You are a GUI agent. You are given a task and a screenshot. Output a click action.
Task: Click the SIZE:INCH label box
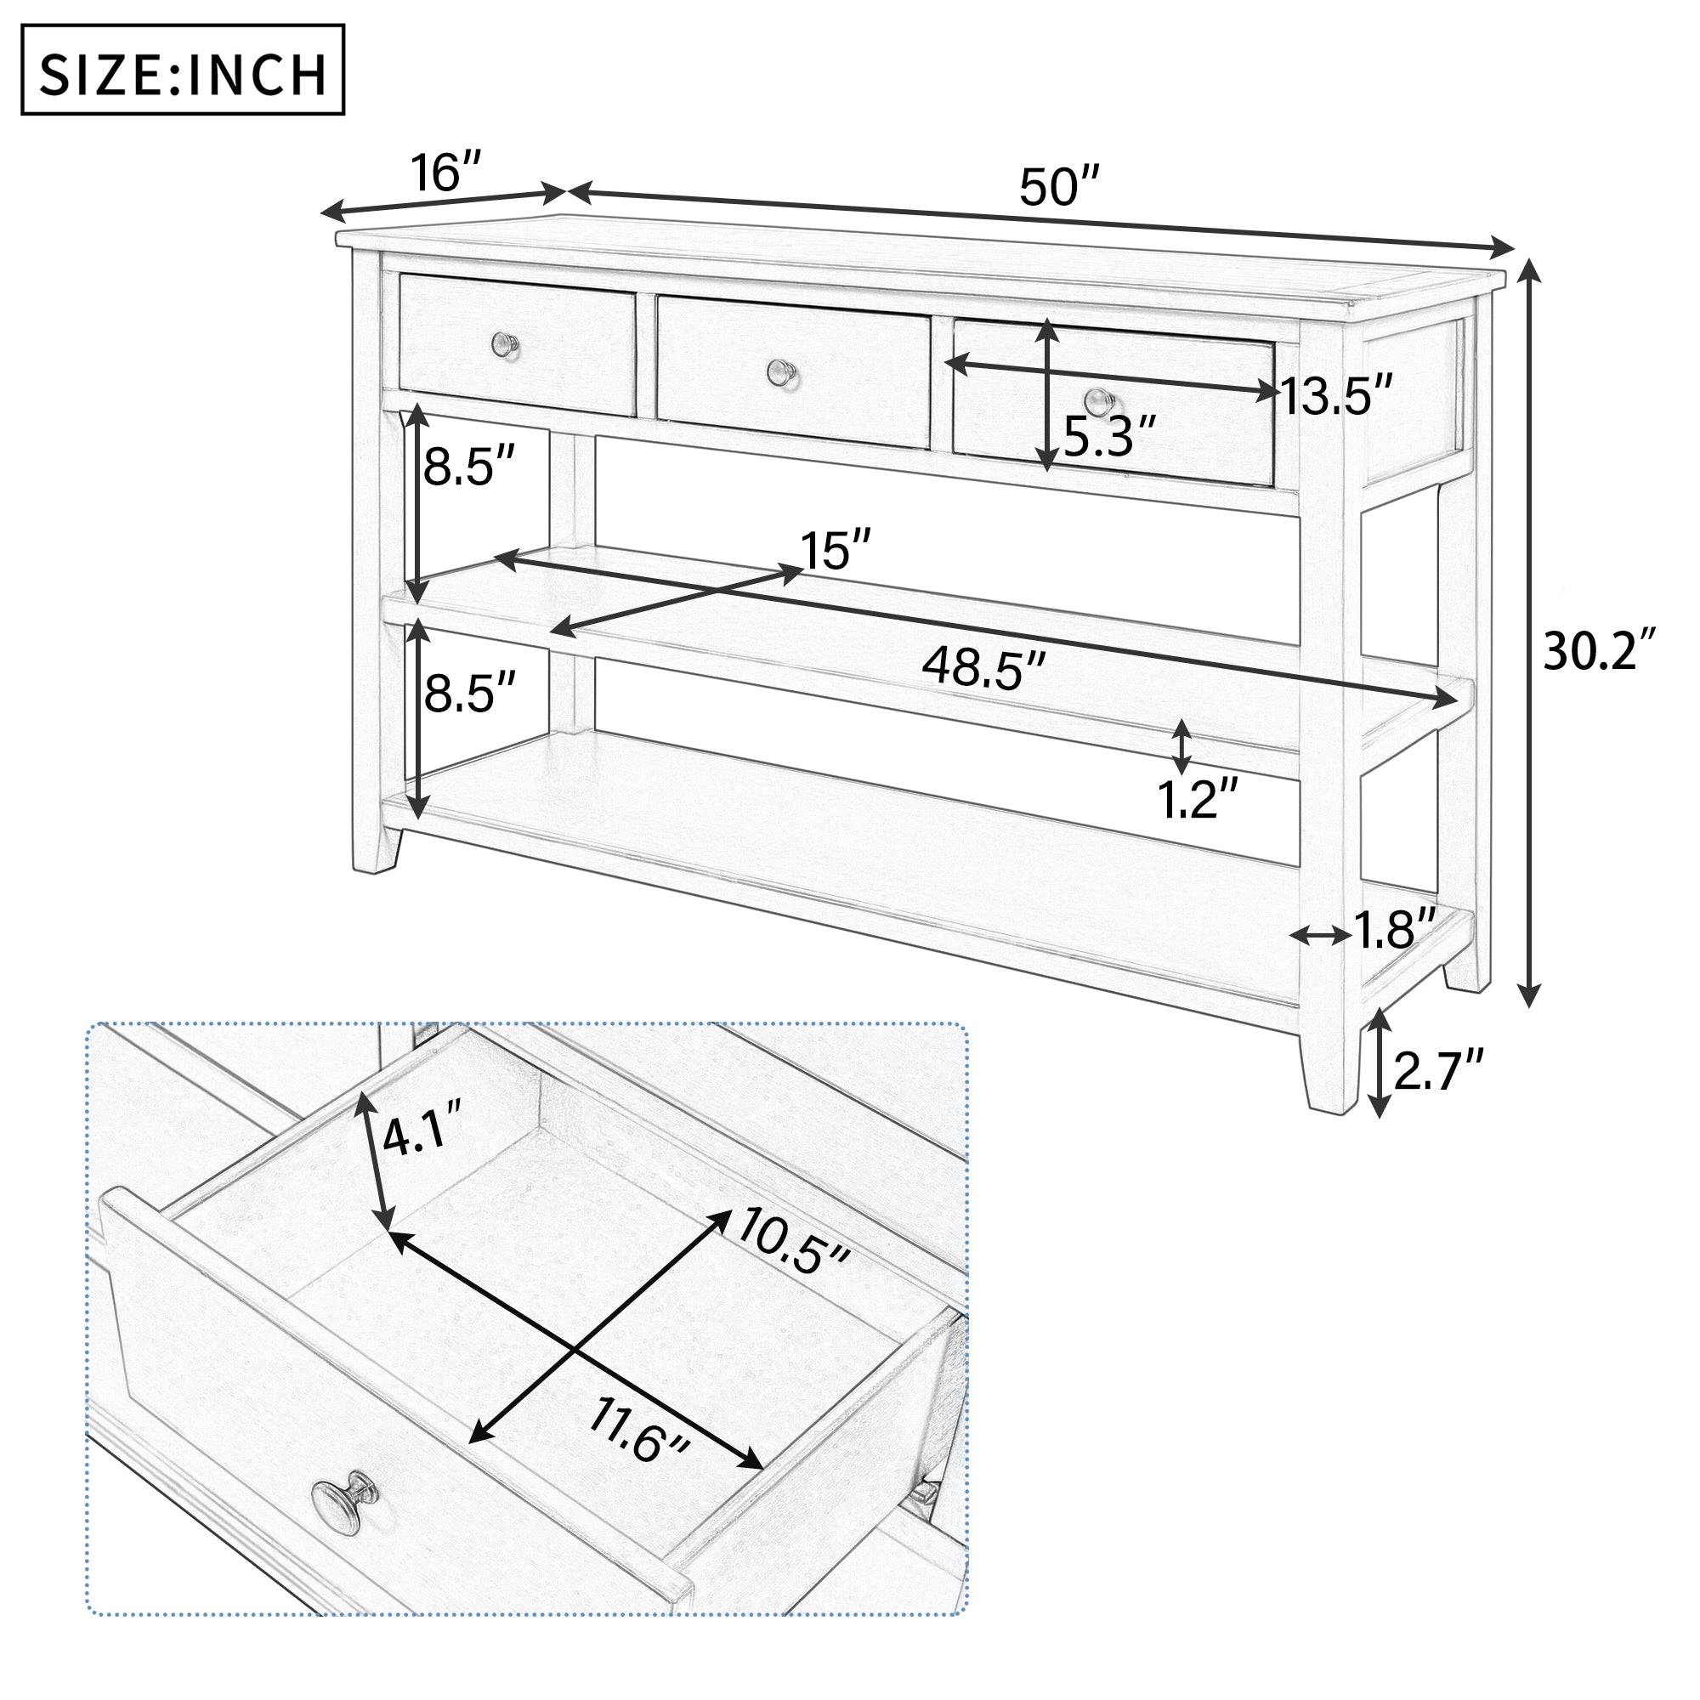click(x=182, y=71)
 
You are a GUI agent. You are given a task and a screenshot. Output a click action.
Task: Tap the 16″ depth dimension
click(x=447, y=172)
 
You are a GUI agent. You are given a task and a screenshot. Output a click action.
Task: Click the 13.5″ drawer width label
click(x=1336, y=395)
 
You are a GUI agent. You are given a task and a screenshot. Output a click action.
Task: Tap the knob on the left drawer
click(x=505, y=345)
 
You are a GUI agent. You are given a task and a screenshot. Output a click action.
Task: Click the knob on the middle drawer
click(x=780, y=373)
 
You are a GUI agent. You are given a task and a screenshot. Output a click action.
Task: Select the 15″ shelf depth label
click(x=835, y=552)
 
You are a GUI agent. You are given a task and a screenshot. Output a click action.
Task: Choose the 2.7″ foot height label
click(x=1438, y=1071)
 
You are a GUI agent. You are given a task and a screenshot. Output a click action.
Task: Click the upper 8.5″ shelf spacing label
click(x=468, y=467)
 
